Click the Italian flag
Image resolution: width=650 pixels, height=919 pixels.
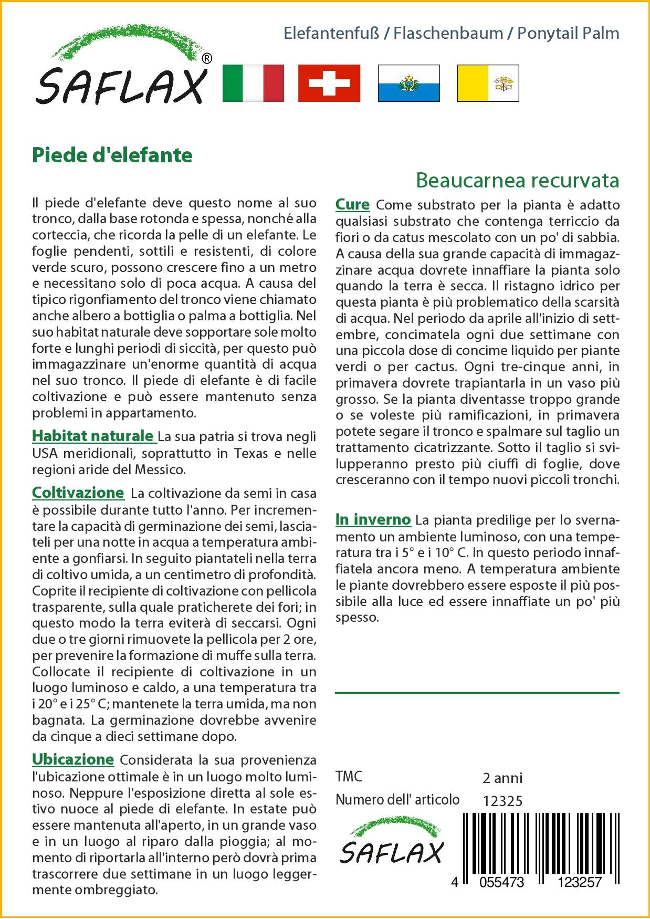253,83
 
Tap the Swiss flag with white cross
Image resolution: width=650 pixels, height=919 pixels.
329,83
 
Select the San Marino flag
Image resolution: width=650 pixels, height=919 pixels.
408,83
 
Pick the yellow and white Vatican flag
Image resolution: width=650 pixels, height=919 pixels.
488,83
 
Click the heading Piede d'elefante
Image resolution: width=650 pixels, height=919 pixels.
112,155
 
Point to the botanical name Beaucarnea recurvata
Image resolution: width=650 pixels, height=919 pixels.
517,180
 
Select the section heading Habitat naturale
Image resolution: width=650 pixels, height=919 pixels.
92,436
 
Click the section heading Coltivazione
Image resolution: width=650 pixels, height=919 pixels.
78,493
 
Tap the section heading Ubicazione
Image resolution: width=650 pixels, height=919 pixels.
73,759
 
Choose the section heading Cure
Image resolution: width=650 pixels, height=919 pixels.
352,204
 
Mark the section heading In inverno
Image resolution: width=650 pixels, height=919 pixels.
373,519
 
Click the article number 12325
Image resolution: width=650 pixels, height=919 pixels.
502,801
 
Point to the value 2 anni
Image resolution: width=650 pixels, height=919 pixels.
502,778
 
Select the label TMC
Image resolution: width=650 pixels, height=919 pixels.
349,777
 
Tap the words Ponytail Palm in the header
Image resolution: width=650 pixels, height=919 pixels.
568,34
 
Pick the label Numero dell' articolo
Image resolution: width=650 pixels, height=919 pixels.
397,800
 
